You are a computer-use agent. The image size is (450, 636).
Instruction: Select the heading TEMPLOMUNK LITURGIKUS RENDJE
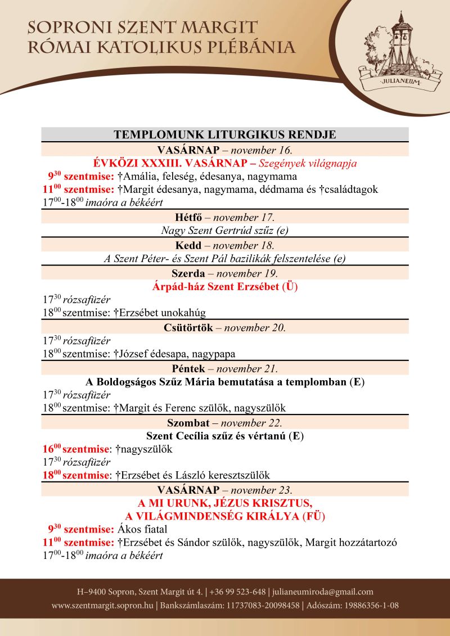225,134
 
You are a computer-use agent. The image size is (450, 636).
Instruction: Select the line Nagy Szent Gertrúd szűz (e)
225,230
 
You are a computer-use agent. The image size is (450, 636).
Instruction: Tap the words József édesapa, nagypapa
178,354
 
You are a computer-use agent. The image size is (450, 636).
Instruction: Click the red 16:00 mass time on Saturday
51,449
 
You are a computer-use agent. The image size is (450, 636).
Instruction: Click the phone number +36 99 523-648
237,592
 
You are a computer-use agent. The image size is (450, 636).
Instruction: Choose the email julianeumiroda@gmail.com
323,592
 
